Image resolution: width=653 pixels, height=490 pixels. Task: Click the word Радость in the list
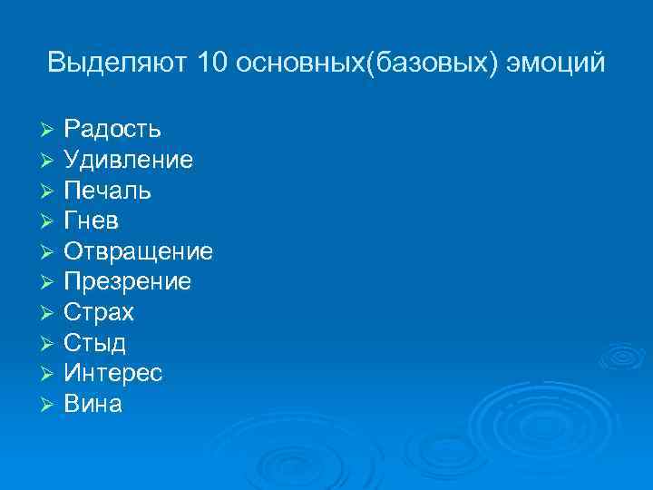[x=112, y=130]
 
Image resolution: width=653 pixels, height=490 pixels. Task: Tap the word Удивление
[x=128, y=161]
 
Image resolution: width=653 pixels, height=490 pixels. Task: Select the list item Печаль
[x=107, y=191]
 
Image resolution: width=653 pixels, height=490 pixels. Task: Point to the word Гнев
[x=92, y=221]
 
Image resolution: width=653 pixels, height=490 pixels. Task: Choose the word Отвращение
[x=138, y=251]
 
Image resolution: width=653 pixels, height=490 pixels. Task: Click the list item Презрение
[x=127, y=282]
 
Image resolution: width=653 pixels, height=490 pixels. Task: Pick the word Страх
[x=99, y=313]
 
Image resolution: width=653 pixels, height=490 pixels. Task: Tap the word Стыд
[x=94, y=343]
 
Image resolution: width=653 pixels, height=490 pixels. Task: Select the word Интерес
[x=113, y=374]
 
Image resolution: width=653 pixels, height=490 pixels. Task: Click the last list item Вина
[x=93, y=404]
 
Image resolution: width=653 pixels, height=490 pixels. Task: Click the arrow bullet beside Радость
[x=50, y=131]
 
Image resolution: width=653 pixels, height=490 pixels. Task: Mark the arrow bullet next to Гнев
[x=50, y=222]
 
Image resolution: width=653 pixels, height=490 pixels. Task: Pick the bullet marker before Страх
[x=50, y=314]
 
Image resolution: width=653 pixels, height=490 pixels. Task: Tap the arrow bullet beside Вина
[x=50, y=405]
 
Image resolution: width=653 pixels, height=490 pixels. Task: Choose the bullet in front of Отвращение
[x=50, y=252]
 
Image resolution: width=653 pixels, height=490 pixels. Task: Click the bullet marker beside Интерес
[x=50, y=375]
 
